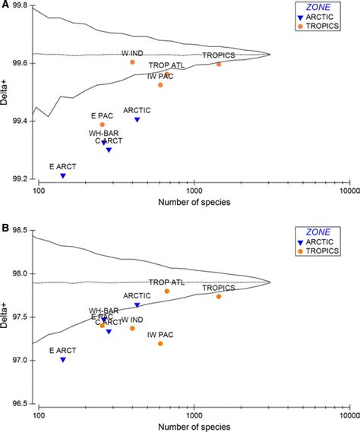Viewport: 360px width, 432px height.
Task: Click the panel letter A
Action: pyautogui.click(x=5, y=5)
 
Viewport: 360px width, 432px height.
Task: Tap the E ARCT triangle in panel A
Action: pyautogui.click(x=62, y=175)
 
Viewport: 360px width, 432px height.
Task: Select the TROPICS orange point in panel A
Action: pyautogui.click(x=219, y=64)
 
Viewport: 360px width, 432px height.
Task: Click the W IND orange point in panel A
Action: pyautogui.click(x=132, y=62)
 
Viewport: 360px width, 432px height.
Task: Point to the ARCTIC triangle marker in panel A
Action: pyautogui.click(x=137, y=119)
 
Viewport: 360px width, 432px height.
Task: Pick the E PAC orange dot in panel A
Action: pyautogui.click(x=103, y=125)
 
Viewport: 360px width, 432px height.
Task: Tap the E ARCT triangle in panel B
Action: pyautogui.click(x=62, y=359)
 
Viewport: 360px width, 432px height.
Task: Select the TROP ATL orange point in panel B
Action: pyautogui.click(x=167, y=292)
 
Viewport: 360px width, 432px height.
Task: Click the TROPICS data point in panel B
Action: pyautogui.click(x=219, y=296)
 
